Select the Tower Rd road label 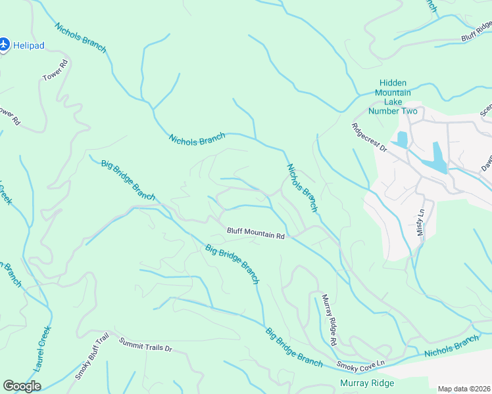[x=56, y=71]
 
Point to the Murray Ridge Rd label [x=329, y=320]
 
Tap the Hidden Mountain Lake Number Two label [x=393, y=97]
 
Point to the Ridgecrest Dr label [x=369, y=137]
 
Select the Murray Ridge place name [x=366, y=383]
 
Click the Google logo [x=22, y=386]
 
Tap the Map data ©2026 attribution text [x=463, y=389]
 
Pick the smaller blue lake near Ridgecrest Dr [x=401, y=139]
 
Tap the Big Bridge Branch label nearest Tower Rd [x=128, y=179]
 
